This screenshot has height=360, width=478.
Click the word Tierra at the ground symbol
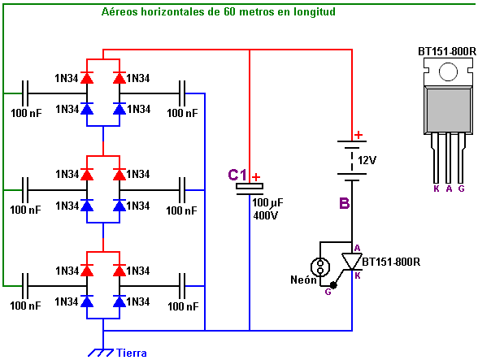coord(132,353)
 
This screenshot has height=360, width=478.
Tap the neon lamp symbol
coord(320,267)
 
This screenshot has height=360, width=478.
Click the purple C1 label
coord(237,176)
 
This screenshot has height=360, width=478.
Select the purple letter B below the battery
coord(344,203)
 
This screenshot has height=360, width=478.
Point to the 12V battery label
coord(367,160)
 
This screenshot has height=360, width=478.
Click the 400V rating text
coord(266,215)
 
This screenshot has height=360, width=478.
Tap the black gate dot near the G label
coord(333,285)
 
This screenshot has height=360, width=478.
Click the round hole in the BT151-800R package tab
coord(448,72)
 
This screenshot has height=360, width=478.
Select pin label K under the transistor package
coord(437,189)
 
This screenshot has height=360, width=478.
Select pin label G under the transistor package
coord(461,189)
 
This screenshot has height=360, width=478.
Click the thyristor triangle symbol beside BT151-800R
coord(351,261)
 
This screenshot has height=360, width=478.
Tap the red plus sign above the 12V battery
coord(358,134)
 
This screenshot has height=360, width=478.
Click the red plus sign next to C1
coord(256,177)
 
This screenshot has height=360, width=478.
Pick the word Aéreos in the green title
coord(119,12)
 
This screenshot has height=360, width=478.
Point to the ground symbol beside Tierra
coord(101,353)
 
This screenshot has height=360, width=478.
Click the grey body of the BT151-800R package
coord(448,110)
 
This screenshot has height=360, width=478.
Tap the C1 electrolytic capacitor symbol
coord(250,189)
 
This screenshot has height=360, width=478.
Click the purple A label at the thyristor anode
coord(358,248)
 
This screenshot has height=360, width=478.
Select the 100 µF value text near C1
coord(267,202)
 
